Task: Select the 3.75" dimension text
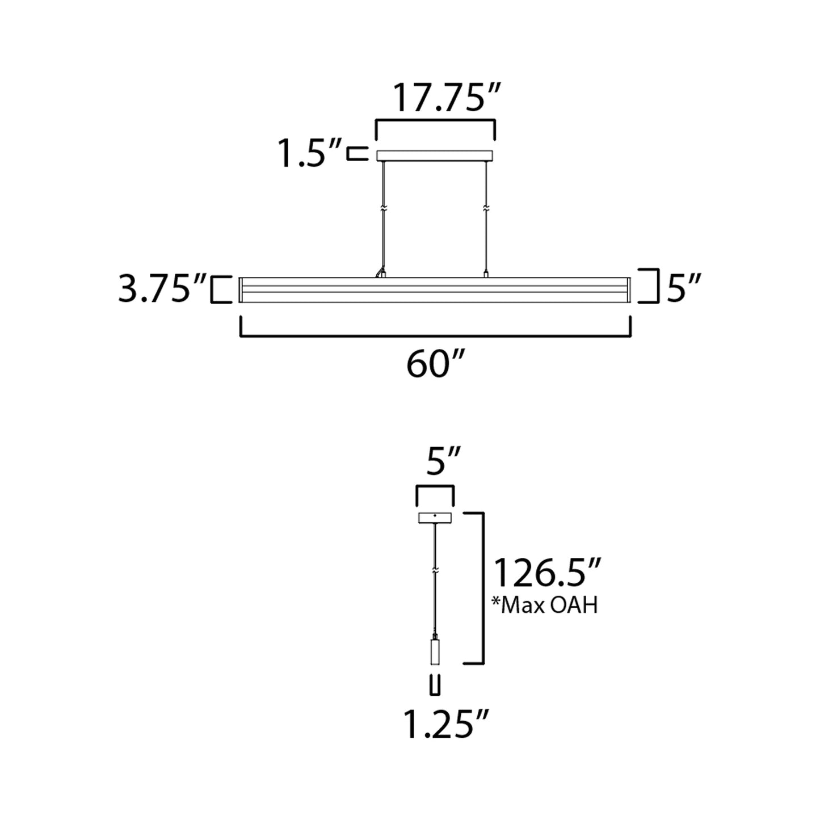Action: pyautogui.click(x=161, y=289)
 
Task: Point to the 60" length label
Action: pyautogui.click(x=435, y=365)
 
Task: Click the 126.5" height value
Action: pyautogui.click(x=548, y=573)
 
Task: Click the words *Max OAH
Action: pyautogui.click(x=545, y=605)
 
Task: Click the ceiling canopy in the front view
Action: pyautogui.click(x=435, y=155)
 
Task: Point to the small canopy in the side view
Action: pyautogui.click(x=435, y=518)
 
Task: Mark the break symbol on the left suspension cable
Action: pyautogui.click(x=384, y=208)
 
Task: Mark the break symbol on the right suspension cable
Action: pyautogui.click(x=486, y=208)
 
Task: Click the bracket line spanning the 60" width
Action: pyautogui.click(x=435, y=336)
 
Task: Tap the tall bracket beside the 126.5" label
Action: pyautogui.click(x=482, y=587)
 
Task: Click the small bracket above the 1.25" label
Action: pyautogui.click(x=435, y=685)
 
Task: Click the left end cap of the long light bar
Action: pyautogui.click(x=241, y=290)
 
